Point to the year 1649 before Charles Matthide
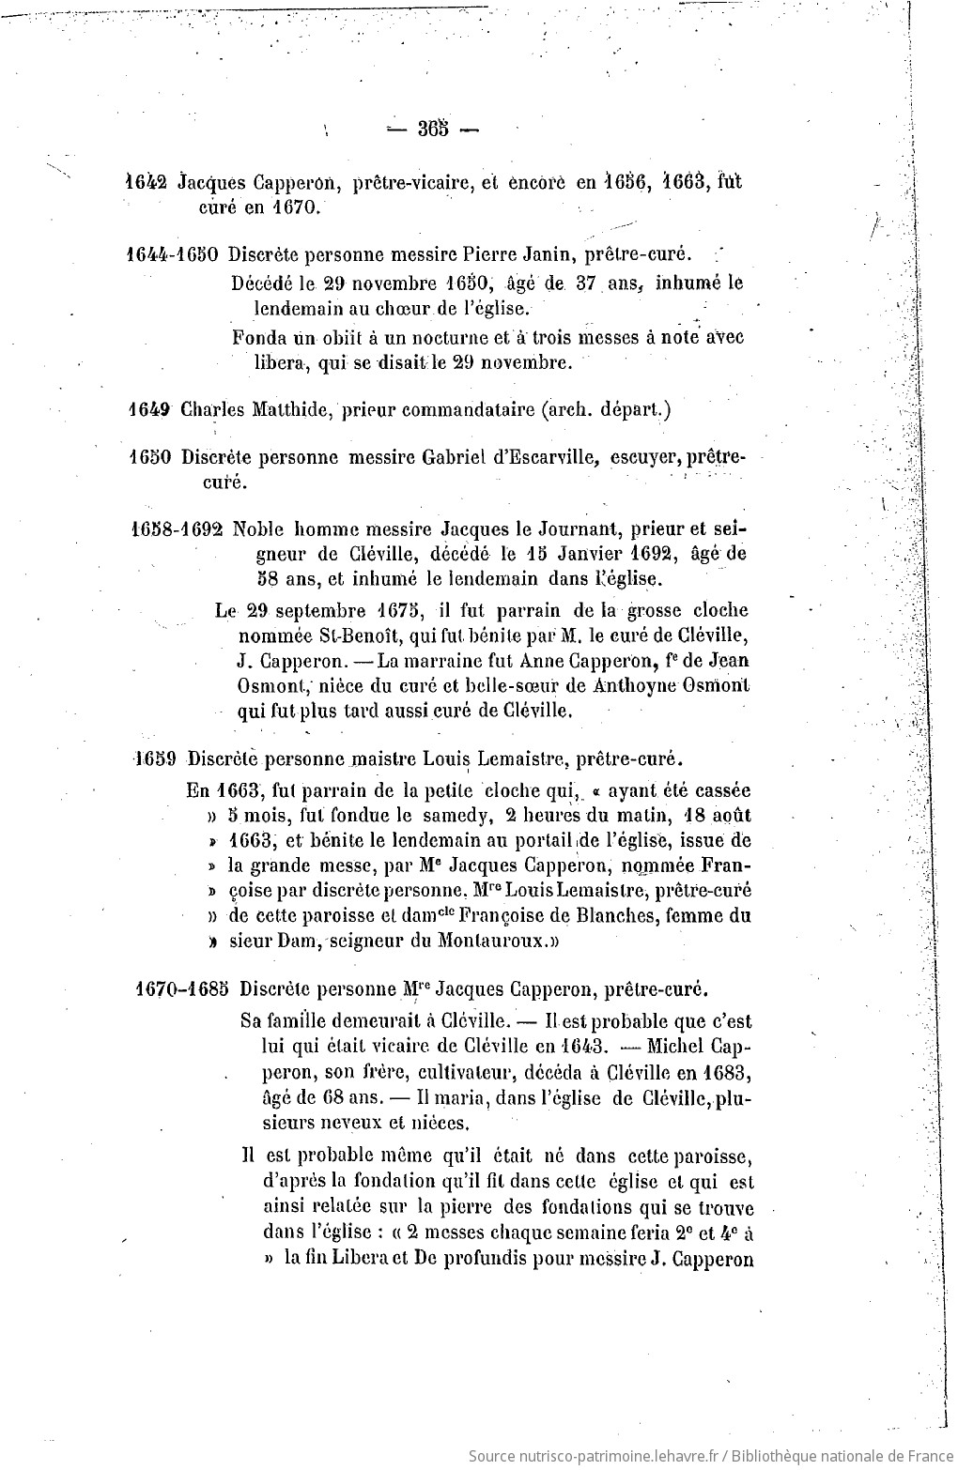(147, 409)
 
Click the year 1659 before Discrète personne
(157, 758)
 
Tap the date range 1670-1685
(183, 989)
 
